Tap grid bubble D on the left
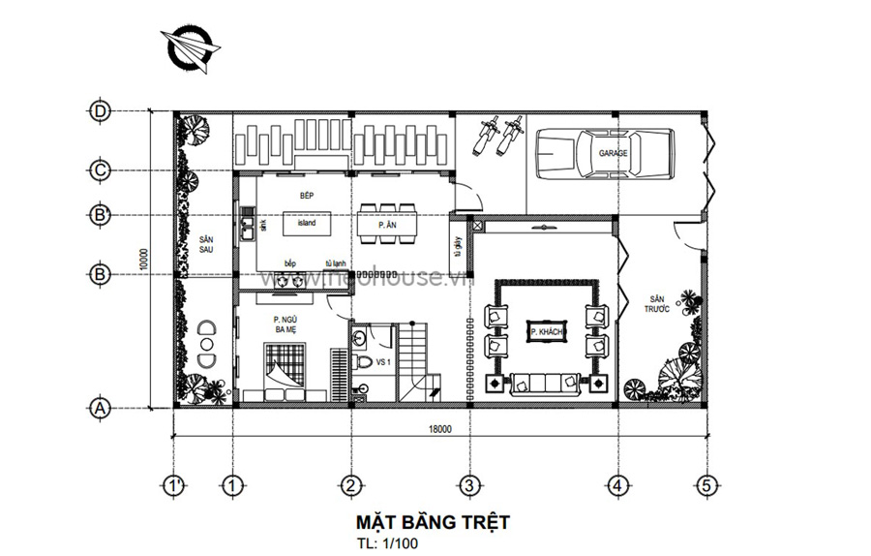100,111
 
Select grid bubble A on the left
100,408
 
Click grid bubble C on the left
100,170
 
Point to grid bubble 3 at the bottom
468,484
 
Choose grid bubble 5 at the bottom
706,484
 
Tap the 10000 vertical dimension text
141,259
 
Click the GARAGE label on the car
613,153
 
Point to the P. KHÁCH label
546,332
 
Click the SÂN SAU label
205,243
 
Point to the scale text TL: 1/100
387,543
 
